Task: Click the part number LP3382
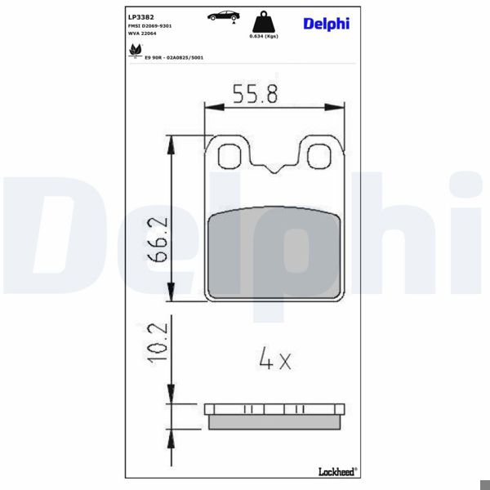(140, 16)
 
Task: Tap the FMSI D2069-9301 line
(149, 26)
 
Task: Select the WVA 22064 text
(142, 35)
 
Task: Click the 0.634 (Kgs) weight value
(262, 36)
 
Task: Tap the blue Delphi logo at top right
(326, 23)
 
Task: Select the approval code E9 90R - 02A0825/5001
(174, 58)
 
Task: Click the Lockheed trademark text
(336, 472)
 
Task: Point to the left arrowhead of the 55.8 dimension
(207, 106)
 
